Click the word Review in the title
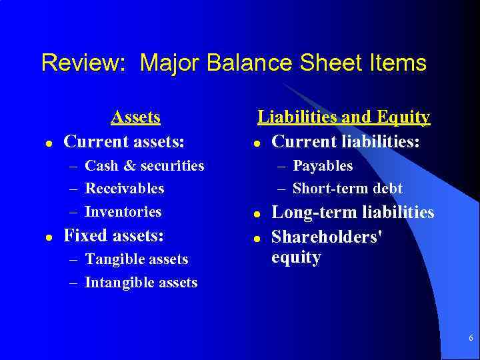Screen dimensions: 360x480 [78, 63]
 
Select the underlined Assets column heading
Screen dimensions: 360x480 [135, 117]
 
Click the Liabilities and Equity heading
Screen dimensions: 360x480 [344, 117]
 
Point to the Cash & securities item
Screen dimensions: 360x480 [145, 165]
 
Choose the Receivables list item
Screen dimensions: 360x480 [125, 189]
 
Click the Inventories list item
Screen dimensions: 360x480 [123, 212]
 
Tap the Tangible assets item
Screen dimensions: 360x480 [137, 259]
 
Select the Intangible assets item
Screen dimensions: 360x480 [141, 283]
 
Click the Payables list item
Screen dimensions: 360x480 [323, 165]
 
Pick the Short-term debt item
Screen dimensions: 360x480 [347, 189]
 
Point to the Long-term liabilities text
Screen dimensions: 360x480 [353, 213]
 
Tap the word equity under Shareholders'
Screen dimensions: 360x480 [297, 257]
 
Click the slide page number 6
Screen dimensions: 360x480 [471, 339]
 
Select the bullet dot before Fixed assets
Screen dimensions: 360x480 [41, 237]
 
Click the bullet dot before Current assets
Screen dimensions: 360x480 [41, 143]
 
